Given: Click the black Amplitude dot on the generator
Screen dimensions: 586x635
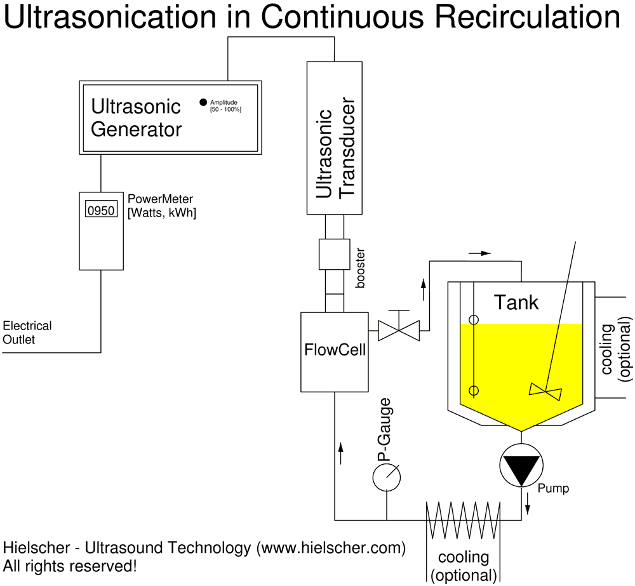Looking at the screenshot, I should click(203, 102).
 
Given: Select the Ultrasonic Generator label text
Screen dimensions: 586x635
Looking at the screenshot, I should click(136, 117).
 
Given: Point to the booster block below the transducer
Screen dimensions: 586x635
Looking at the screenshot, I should click(334, 253).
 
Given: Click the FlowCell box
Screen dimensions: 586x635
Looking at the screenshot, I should click(335, 351).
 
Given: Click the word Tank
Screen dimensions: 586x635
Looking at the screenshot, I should click(516, 302).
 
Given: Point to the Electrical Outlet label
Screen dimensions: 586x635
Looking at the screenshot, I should click(27, 333).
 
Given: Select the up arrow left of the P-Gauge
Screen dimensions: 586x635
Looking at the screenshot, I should click(341, 453).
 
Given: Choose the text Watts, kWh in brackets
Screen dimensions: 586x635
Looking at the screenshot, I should click(162, 214).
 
